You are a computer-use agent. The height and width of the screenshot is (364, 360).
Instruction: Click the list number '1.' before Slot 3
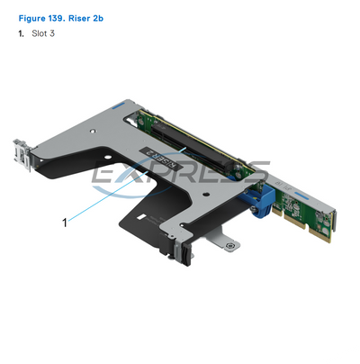coord(22,33)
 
